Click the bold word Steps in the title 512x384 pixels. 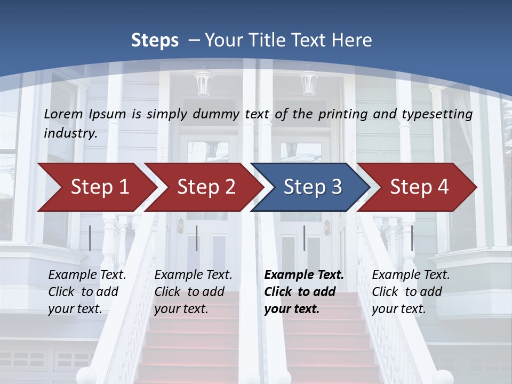(x=155, y=41)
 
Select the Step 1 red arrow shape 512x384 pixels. (x=96, y=187)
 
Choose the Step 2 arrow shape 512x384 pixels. (x=205, y=187)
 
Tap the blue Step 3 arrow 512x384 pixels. (x=312, y=187)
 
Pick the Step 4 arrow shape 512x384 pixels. (x=419, y=187)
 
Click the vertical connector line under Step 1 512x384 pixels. (x=90, y=238)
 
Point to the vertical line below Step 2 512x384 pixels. (x=197, y=238)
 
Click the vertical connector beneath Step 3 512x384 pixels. (x=304, y=238)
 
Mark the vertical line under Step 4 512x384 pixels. (x=412, y=238)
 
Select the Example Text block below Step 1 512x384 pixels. (x=87, y=292)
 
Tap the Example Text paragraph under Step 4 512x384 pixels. (x=411, y=292)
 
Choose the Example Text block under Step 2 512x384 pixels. (x=193, y=292)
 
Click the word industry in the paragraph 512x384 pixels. (x=69, y=133)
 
